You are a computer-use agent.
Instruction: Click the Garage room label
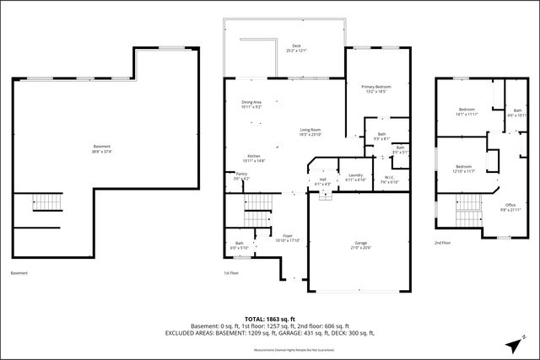coord(360,244)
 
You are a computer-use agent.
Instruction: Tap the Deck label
coord(296,48)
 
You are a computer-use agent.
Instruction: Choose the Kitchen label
coord(253,158)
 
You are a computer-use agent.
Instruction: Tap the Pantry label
coord(241,176)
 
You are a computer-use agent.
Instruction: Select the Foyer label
coord(288,238)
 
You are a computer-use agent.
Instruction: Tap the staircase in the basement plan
coord(46,202)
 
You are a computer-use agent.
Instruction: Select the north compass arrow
coord(517,342)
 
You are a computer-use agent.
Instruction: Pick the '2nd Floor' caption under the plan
coord(442,243)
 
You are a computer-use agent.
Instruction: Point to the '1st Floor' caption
coord(231,273)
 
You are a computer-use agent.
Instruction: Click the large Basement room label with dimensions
coord(102,149)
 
